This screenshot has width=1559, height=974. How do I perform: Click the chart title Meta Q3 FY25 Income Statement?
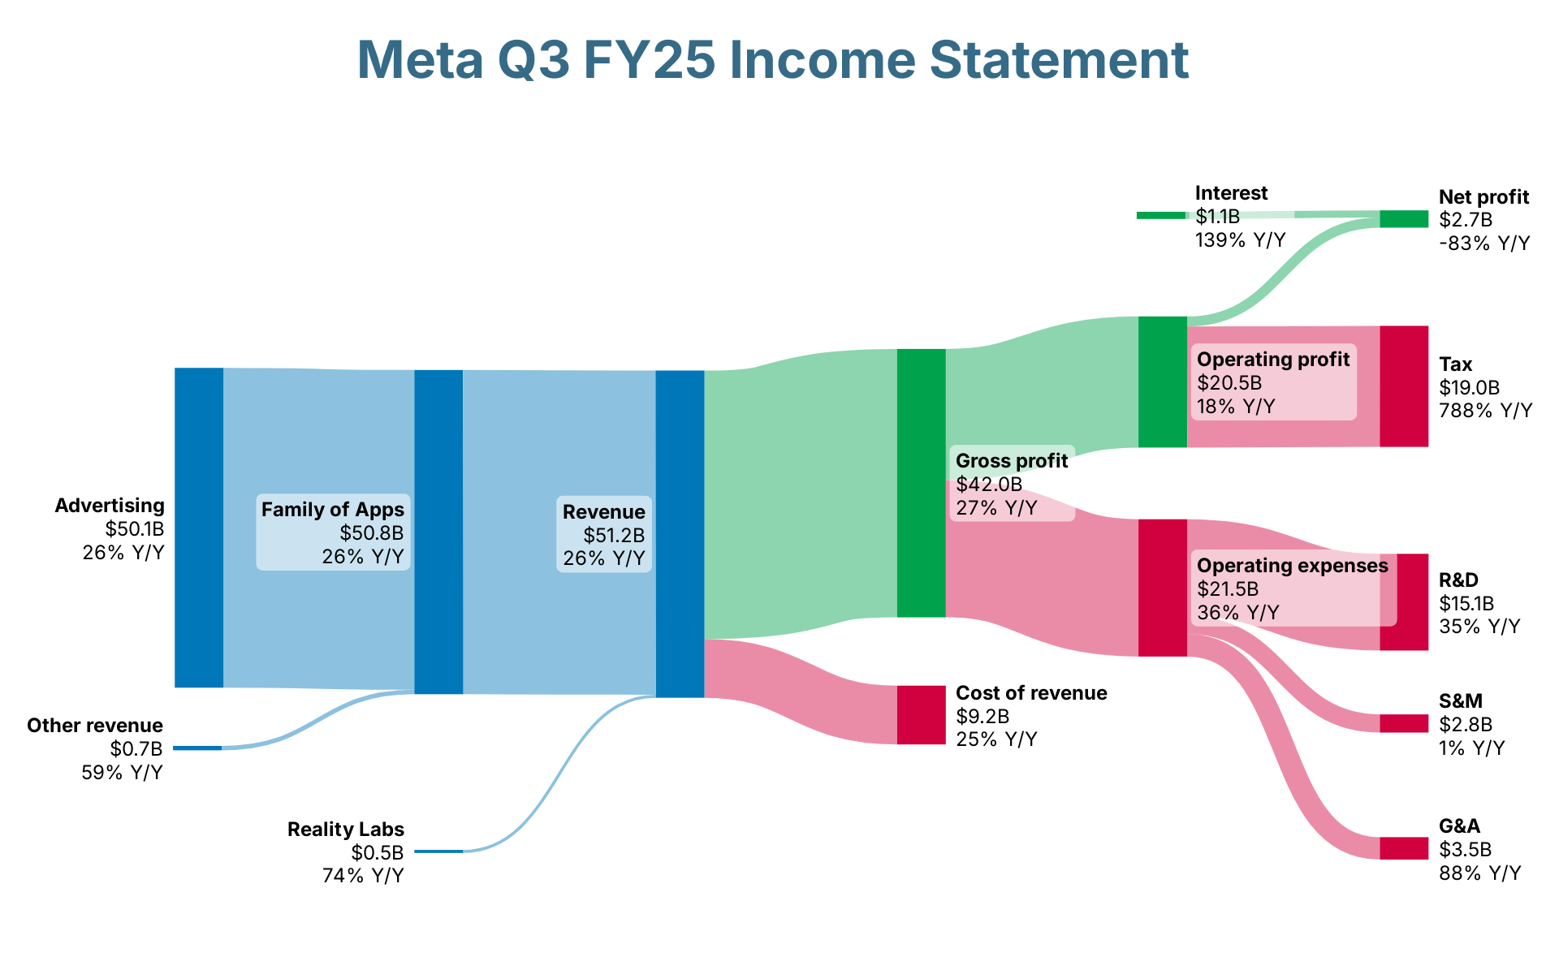[x=773, y=60]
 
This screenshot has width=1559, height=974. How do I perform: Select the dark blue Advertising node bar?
[x=199, y=528]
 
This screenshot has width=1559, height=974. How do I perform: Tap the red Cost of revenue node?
[x=921, y=714]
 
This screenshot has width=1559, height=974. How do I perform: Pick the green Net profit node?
[x=1404, y=218]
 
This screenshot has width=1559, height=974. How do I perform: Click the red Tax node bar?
[x=1404, y=386]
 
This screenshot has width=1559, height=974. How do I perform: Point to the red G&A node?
[x=1404, y=848]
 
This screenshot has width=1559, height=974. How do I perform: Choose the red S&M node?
[x=1404, y=723]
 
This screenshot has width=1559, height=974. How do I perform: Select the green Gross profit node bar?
[x=921, y=483]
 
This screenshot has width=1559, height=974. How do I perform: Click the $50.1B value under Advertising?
[x=135, y=529]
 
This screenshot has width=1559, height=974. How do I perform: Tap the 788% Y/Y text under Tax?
[x=1485, y=411]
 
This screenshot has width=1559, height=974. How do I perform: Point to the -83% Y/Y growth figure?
[x=1484, y=243]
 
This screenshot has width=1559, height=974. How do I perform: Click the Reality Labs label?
[x=346, y=830]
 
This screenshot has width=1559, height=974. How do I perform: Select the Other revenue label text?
[x=95, y=726]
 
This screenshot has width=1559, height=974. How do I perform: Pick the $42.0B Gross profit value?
[x=989, y=485]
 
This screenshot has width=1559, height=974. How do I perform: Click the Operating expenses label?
[x=1293, y=566]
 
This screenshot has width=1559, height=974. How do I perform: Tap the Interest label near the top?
[x=1231, y=193]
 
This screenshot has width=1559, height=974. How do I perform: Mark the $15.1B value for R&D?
[x=1466, y=604]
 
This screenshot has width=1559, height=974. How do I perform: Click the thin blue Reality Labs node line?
[x=438, y=851]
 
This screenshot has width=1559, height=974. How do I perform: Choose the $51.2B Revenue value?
[x=614, y=536]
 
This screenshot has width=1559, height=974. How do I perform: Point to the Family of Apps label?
[x=333, y=510]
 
